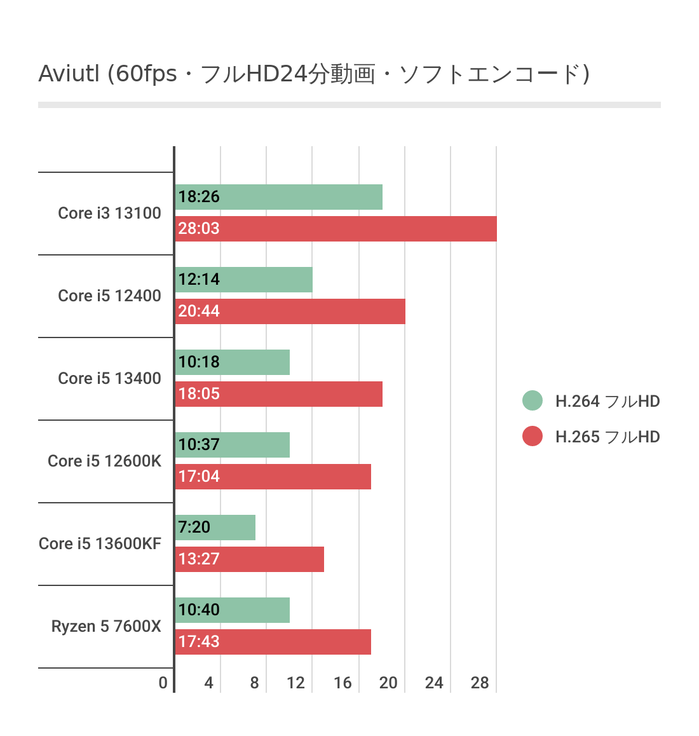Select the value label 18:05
pyautogui.click(x=199, y=394)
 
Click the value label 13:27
pyautogui.click(x=199, y=559)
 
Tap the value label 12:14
pyautogui.click(x=199, y=280)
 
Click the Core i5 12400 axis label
pyautogui.click(x=109, y=296)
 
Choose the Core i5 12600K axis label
pyautogui.click(x=105, y=461)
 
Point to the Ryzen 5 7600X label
pyautogui.click(x=106, y=627)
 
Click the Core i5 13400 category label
pyautogui.click(x=109, y=379)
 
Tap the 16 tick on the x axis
pyautogui.click(x=343, y=683)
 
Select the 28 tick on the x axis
pyautogui.click(x=480, y=683)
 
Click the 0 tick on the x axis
pyautogui.click(x=163, y=683)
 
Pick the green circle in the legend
pyautogui.click(x=533, y=400)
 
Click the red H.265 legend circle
pyautogui.click(x=533, y=436)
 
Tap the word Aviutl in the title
pyautogui.click(x=69, y=74)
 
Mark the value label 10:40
pyautogui.click(x=199, y=610)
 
